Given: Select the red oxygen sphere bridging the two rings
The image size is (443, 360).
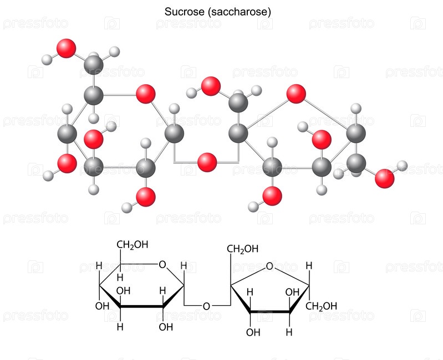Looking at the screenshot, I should [207, 162].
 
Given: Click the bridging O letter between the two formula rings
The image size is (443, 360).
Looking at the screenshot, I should [206, 306].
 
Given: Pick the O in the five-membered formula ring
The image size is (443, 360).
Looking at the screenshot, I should [269, 266].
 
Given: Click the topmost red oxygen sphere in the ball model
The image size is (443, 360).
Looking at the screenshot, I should [67, 48].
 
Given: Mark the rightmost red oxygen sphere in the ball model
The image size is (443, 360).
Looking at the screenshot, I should [384, 178].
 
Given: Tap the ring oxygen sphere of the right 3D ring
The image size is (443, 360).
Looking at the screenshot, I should [297, 94].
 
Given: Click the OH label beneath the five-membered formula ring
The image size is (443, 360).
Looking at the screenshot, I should [253, 332].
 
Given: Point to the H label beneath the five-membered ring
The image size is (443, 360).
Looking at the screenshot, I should [289, 332].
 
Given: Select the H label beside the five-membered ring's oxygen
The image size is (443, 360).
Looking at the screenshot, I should [309, 266].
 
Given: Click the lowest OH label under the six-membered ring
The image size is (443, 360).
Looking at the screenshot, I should [166, 327].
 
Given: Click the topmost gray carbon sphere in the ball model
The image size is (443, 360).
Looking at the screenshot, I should [94, 65].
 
